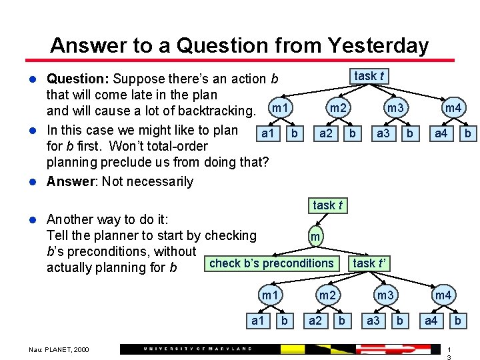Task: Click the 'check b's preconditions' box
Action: (271, 263)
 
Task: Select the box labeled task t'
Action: (371, 263)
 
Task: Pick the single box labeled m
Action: (316, 236)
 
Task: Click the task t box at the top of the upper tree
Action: (369, 76)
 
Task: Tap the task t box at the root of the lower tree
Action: (328, 205)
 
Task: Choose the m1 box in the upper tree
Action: (281, 108)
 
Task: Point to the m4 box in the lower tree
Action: (443, 295)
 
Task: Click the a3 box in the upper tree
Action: (383, 133)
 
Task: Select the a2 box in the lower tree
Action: (315, 321)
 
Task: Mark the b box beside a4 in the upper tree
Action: (468, 133)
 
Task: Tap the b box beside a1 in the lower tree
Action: (285, 321)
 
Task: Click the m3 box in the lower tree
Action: (385, 295)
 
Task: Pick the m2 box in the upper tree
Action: (338, 108)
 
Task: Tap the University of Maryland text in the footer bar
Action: (198, 349)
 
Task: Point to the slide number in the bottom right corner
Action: (449, 353)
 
